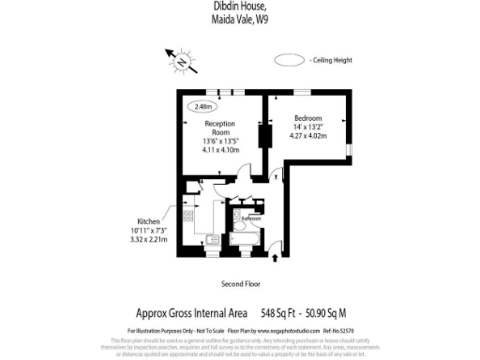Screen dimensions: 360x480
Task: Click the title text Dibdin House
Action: point(241,6)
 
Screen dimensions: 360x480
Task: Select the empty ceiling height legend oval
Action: point(288,59)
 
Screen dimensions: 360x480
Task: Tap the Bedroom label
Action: point(308,117)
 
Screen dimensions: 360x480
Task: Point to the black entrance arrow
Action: point(274,252)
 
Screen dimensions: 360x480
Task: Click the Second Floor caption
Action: point(240,282)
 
